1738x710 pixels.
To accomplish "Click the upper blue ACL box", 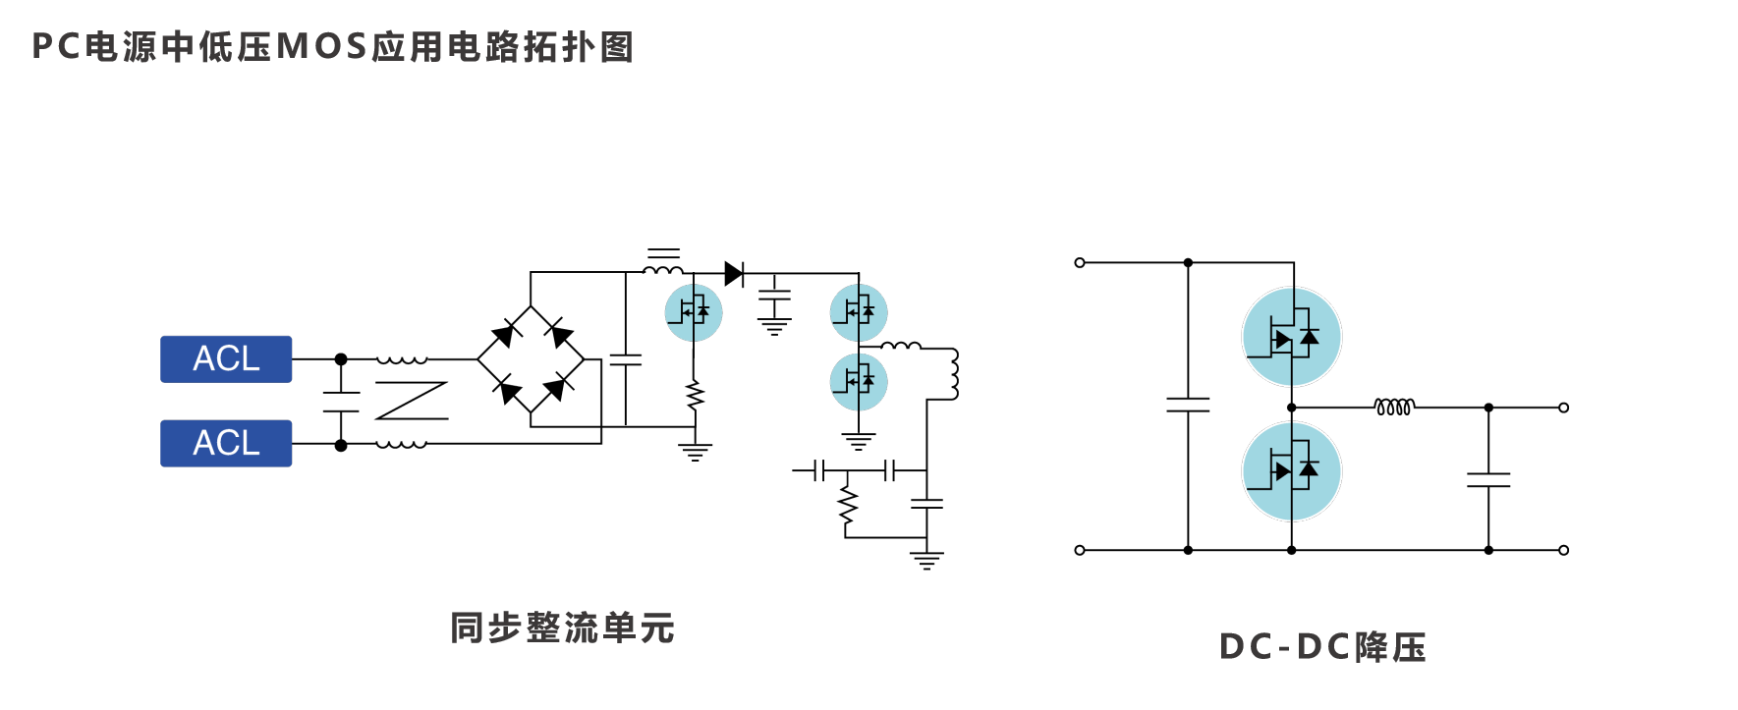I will click(226, 359).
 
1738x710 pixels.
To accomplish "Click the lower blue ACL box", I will click(226, 443).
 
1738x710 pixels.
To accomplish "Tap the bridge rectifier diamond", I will click(531, 359).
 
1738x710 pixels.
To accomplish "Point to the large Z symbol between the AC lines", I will click(412, 401).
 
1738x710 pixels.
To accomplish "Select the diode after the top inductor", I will click(734, 274).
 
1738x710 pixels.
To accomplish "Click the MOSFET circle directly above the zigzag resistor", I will click(694, 312).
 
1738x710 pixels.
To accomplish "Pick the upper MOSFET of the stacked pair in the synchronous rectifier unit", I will click(859, 312).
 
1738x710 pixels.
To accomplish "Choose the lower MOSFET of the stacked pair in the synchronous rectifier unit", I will click(859, 381).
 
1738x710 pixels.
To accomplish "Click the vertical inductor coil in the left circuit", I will click(952, 374).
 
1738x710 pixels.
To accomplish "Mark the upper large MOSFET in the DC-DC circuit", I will click(1291, 337).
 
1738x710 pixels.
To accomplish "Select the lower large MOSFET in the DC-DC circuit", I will click(1291, 471).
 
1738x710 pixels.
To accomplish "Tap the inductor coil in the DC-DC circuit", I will click(1394, 407).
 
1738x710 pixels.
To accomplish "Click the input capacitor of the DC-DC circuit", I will click(1188, 404).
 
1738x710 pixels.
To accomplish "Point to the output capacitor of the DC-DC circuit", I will click(1488, 479).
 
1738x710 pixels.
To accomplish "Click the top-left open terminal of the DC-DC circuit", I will click(1080, 263).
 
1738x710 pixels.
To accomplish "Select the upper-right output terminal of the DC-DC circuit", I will click(1563, 408).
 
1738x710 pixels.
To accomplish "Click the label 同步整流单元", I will click(562, 628).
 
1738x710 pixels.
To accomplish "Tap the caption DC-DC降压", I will click(1322, 647).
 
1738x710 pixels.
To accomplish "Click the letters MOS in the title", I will click(322, 47).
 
